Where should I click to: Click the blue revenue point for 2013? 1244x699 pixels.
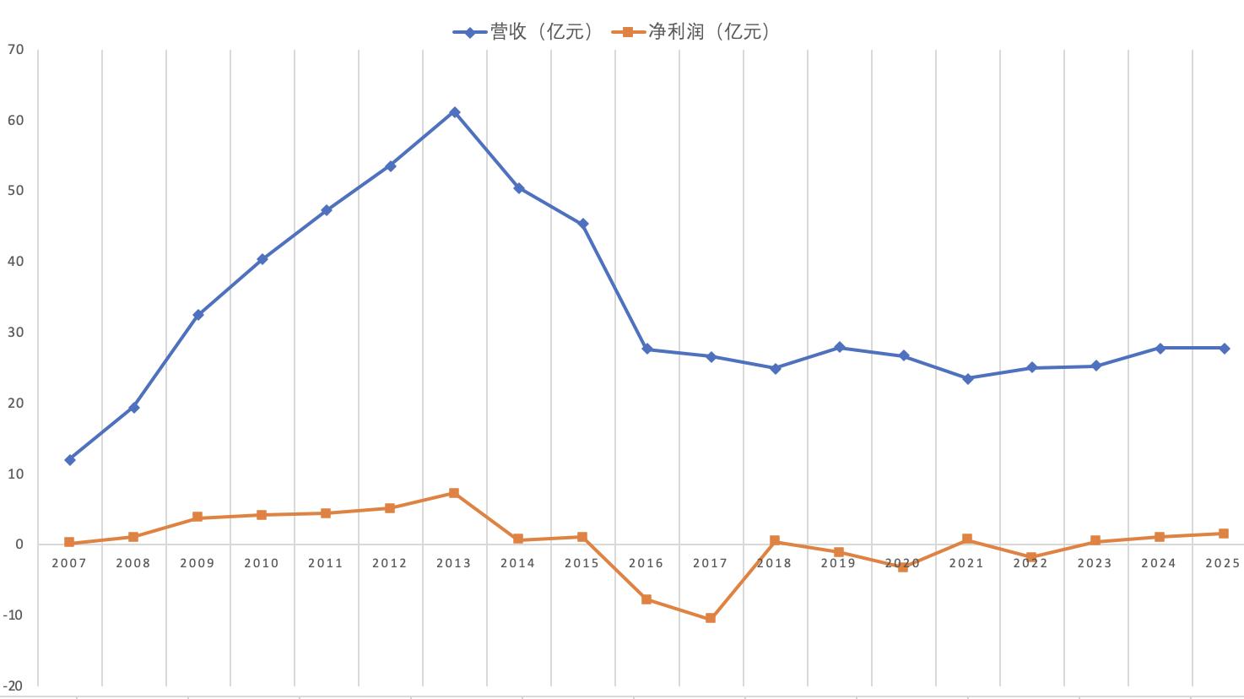(454, 112)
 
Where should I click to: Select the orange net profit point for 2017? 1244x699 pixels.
(711, 618)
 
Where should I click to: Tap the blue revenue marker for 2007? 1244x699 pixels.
(70, 459)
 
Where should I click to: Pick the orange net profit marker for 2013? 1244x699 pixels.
(454, 493)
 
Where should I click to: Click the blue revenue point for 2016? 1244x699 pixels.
(647, 349)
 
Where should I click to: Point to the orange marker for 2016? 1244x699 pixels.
(646, 599)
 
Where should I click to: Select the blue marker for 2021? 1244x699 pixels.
(968, 379)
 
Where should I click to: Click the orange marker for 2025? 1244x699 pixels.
(1224, 534)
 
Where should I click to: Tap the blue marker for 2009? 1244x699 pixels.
(198, 315)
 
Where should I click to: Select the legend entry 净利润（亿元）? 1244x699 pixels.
(692, 32)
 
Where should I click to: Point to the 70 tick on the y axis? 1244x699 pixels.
(15, 50)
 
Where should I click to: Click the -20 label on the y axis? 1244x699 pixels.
(13, 686)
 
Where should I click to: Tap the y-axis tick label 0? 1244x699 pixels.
(19, 544)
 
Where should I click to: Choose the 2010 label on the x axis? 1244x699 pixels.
(262, 563)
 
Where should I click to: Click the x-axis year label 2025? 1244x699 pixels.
(1223, 563)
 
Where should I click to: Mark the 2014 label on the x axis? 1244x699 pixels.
(517, 563)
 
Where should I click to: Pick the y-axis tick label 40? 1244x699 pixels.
(15, 261)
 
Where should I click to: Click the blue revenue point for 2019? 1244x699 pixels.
(840, 347)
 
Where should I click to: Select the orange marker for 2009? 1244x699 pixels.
(197, 517)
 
